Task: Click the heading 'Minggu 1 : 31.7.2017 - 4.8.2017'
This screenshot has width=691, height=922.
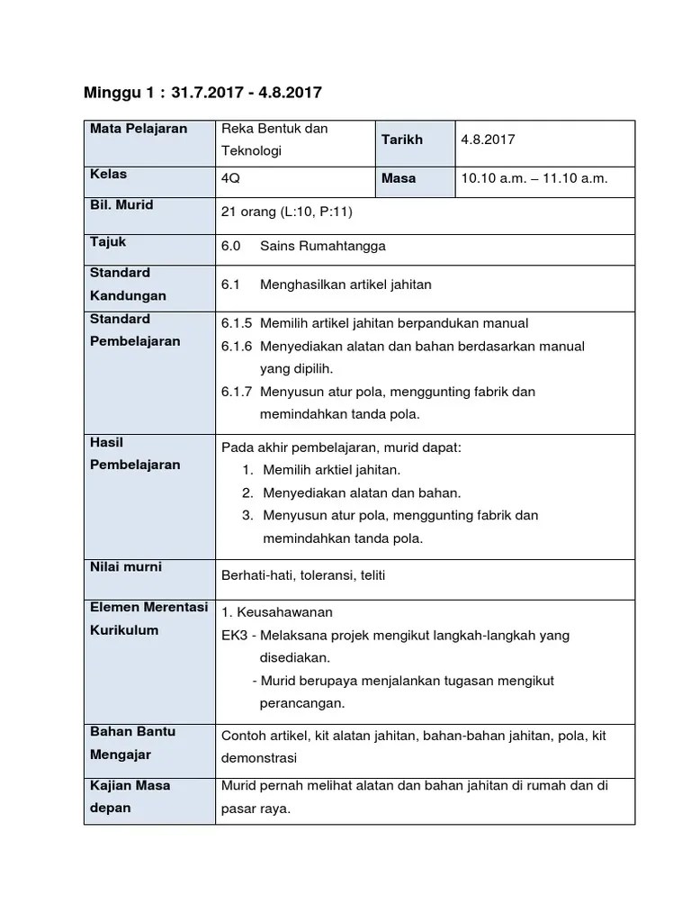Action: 202,92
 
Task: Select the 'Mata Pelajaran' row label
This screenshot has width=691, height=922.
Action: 139,129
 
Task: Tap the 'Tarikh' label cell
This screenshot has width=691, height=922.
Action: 401,140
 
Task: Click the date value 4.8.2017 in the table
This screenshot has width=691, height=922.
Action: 488,140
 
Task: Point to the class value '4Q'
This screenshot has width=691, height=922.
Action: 230,178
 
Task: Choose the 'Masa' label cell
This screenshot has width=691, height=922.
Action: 399,178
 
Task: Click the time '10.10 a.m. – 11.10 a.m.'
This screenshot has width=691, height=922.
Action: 534,178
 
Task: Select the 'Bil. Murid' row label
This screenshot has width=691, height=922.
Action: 121,205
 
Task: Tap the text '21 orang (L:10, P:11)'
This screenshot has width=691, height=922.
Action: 287,212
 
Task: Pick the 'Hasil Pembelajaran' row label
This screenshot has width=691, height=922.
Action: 135,454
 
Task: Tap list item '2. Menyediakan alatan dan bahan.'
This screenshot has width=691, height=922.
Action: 351,493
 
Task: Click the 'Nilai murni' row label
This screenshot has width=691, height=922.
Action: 125,567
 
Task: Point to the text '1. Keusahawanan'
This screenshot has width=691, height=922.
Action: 277,612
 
